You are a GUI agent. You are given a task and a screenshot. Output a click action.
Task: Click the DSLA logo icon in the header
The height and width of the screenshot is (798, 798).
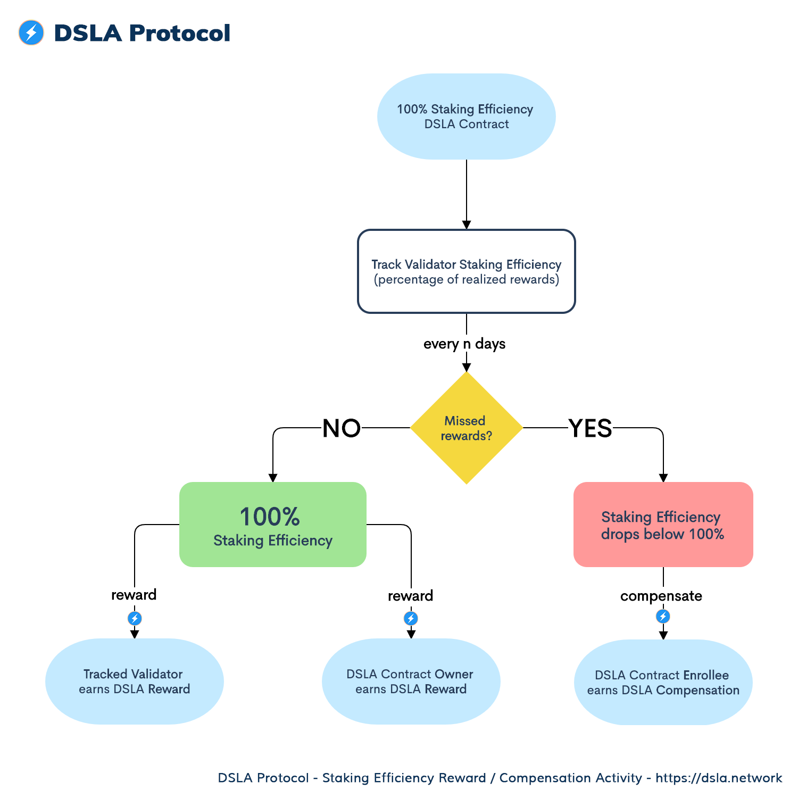(x=31, y=32)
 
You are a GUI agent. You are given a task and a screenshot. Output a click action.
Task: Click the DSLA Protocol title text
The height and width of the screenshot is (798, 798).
(x=142, y=33)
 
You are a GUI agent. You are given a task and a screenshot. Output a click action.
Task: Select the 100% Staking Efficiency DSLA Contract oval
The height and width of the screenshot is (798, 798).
(x=467, y=117)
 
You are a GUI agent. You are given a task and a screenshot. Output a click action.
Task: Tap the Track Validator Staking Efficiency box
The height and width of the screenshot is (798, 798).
(x=467, y=271)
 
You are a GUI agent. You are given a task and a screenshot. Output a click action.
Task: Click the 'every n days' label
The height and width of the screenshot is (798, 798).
(x=464, y=344)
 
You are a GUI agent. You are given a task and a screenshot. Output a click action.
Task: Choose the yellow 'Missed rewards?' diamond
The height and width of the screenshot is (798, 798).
(x=467, y=428)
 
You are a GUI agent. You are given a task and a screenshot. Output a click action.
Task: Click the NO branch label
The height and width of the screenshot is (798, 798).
(x=342, y=428)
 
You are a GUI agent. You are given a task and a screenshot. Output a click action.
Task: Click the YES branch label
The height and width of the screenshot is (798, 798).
(x=590, y=428)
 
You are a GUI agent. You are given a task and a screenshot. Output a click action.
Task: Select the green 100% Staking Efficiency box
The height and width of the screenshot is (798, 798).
(x=273, y=525)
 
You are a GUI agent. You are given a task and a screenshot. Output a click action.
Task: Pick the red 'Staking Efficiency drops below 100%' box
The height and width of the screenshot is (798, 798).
(x=663, y=525)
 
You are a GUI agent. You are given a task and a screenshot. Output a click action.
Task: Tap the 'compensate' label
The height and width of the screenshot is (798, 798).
(x=661, y=596)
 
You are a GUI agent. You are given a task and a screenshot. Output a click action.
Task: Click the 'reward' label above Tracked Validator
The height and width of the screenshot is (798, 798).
(x=134, y=595)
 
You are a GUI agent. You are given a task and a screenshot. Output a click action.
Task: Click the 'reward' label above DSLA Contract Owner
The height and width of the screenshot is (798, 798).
(x=410, y=596)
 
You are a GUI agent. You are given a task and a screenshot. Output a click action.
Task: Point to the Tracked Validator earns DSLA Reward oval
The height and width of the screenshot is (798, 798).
(x=135, y=681)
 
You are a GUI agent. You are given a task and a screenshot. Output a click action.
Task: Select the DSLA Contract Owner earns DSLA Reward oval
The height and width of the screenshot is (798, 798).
(x=411, y=681)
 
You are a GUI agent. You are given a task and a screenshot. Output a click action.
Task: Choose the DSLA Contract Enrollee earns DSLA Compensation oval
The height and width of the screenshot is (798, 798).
(x=663, y=683)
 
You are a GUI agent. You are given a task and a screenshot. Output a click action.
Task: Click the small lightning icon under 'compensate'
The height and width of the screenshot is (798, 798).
(x=663, y=617)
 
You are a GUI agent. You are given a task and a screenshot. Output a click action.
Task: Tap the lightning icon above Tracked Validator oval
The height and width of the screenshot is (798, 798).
(x=135, y=618)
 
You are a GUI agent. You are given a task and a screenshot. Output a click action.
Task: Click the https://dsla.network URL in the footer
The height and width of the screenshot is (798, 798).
(x=719, y=778)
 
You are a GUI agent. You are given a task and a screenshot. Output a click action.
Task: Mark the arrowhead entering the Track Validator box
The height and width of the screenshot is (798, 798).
(x=467, y=225)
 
